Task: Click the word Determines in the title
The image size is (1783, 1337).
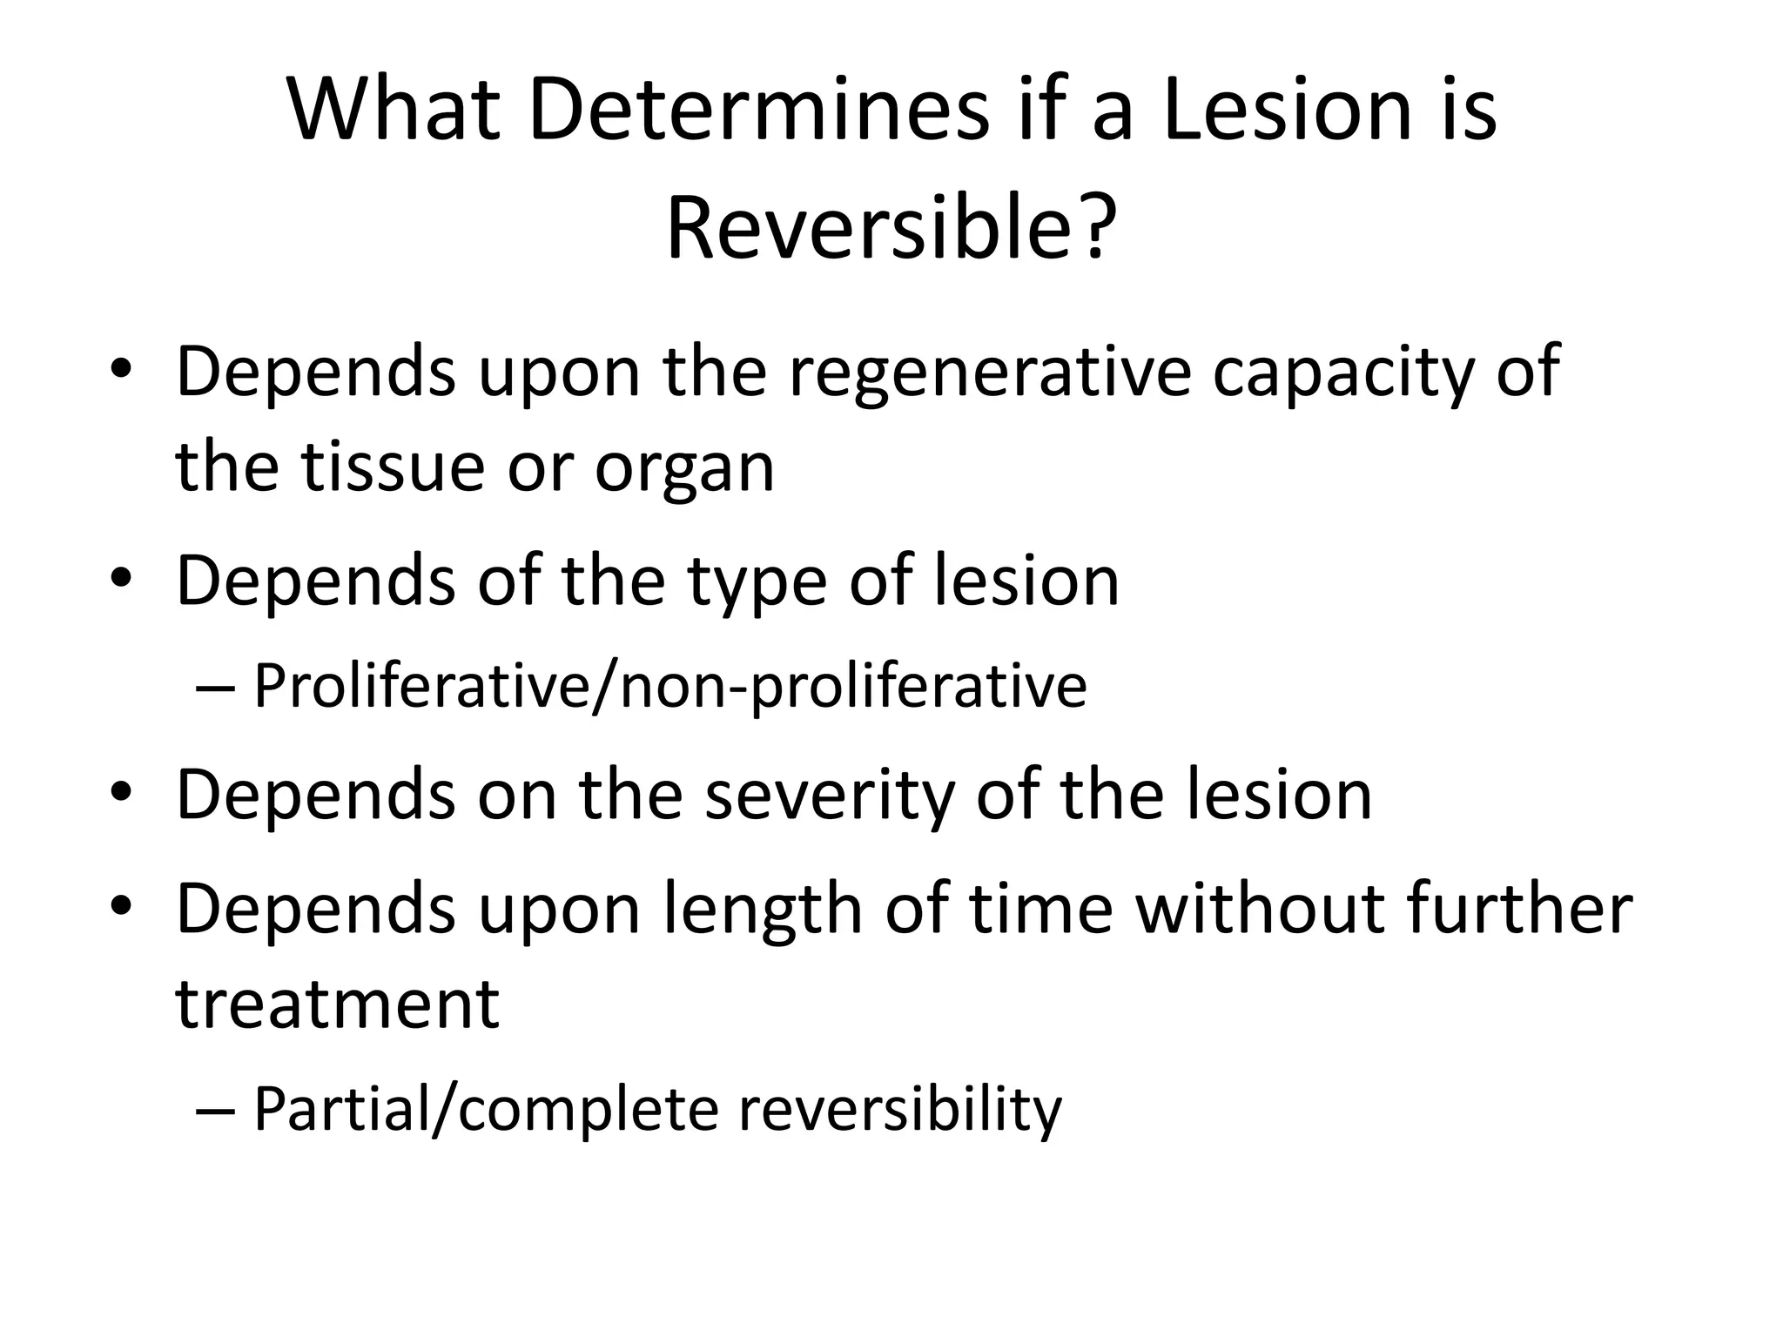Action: [758, 111]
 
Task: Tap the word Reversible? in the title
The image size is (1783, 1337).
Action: [891, 229]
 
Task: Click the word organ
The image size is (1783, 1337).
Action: [684, 467]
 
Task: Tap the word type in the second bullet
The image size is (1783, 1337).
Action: [757, 582]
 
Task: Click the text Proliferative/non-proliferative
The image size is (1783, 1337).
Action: [669, 687]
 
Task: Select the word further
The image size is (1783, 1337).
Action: [1507, 908]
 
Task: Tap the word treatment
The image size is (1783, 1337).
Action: [338, 1003]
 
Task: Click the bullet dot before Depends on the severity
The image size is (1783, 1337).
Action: [121, 794]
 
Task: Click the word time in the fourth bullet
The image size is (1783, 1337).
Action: [1040, 908]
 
